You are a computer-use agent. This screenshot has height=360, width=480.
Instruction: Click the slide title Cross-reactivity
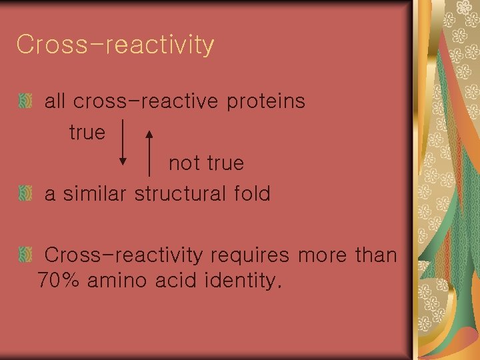pos(115,45)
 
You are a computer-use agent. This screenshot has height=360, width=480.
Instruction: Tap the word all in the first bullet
pos(55,101)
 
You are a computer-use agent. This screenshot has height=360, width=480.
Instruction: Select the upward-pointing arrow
pos(149,153)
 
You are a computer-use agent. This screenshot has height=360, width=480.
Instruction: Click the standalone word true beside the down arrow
pos(87,132)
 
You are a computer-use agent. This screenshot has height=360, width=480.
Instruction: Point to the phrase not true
pos(206,163)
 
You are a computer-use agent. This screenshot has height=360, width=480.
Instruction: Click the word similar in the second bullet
pos(96,194)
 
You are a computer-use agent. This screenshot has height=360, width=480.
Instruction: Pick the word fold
pos(252,194)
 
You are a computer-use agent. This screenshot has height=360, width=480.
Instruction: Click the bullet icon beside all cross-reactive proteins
pos(25,102)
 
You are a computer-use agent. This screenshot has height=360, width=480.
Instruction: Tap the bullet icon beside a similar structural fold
pos(25,194)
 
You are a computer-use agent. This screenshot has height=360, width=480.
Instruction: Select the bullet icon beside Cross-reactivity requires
pos(25,255)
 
